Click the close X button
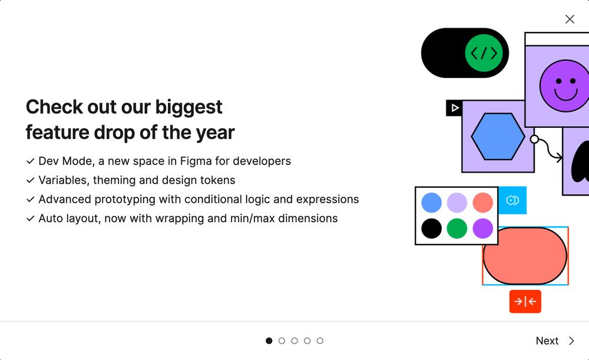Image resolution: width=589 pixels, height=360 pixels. click(570, 19)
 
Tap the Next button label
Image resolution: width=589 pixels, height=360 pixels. click(547, 341)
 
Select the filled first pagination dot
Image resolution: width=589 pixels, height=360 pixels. click(269, 341)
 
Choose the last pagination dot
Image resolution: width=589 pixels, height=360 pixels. click(320, 341)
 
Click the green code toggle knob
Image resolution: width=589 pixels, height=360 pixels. click(484, 53)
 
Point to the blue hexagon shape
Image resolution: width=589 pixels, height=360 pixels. click(498, 137)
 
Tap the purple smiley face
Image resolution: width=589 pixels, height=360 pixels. click(564, 86)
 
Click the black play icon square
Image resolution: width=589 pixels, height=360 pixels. click(454, 108)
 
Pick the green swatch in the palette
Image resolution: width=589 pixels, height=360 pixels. click(457, 229)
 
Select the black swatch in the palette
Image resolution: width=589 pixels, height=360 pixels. click(432, 229)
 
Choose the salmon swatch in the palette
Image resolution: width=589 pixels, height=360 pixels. click(483, 203)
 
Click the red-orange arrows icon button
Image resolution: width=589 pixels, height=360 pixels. click(525, 302)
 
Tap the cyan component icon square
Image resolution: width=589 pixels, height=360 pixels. click(512, 200)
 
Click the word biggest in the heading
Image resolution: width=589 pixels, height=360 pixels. click(188, 107)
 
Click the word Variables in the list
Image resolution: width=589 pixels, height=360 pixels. click(63, 180)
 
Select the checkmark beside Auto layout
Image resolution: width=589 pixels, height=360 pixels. click(31, 219)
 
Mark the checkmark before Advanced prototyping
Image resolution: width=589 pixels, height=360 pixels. click(31, 199)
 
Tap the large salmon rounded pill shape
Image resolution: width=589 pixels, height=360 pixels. click(525, 256)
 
